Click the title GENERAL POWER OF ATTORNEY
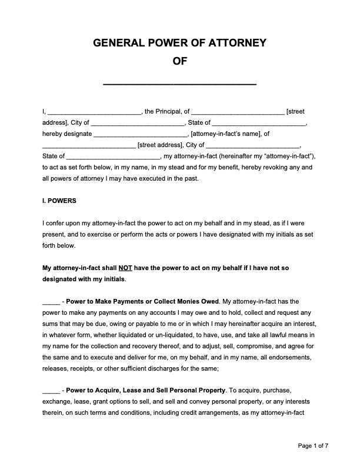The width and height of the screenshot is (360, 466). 180,42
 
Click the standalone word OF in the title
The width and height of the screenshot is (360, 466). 180,61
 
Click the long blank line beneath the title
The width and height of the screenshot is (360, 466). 180,84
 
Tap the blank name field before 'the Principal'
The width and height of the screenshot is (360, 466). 94,111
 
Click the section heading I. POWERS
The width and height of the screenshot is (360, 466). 59,201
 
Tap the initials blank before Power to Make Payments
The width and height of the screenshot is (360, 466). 51,301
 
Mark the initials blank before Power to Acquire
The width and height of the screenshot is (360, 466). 51,390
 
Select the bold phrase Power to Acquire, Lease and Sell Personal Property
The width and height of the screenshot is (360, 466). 146,390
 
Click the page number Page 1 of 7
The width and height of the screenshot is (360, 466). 313,446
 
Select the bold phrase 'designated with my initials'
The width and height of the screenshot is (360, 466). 84,279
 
